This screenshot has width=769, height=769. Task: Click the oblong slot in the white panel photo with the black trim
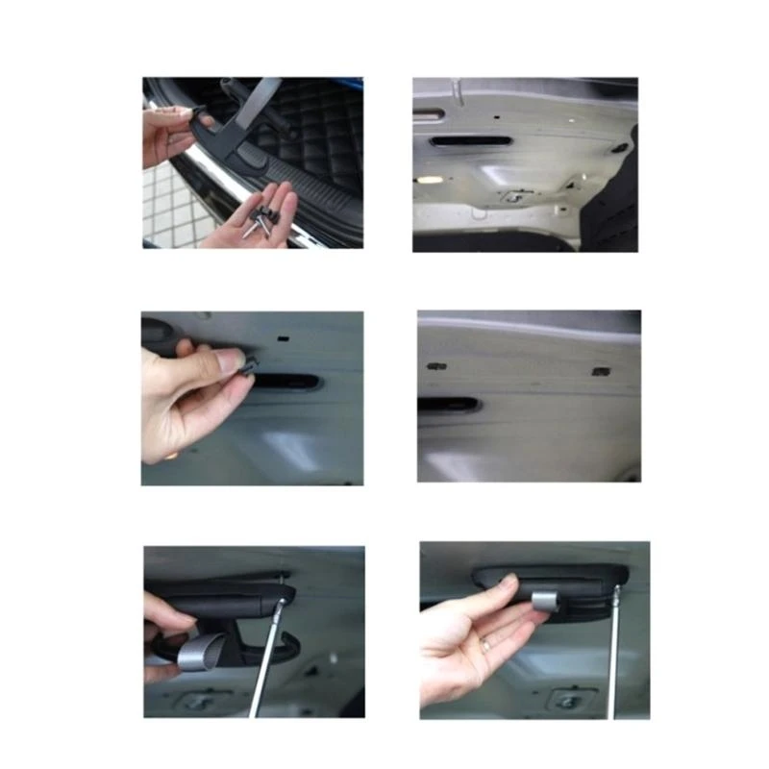click(469, 140)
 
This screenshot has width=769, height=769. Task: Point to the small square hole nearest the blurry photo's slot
click(436, 366)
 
